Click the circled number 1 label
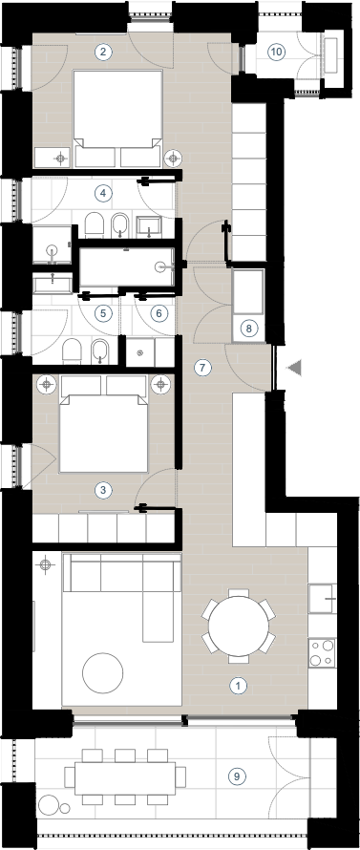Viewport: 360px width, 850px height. point(238,686)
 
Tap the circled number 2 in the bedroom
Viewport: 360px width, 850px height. point(103,52)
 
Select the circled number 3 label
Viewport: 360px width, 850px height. point(102,491)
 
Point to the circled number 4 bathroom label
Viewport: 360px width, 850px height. point(102,192)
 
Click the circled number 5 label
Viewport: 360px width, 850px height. point(103,313)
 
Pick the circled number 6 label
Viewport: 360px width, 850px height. point(159,313)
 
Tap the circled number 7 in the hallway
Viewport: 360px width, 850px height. point(202,368)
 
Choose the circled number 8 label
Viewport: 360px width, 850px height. point(248,329)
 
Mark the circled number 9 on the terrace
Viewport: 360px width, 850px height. point(237,776)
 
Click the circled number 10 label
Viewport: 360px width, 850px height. point(277,52)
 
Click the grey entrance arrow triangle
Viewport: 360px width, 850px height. point(294,368)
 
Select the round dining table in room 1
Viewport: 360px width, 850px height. point(239,627)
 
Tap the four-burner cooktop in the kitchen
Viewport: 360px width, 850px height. point(322,652)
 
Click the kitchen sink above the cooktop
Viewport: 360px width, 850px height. point(322,599)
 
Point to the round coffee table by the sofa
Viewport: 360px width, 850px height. point(102,672)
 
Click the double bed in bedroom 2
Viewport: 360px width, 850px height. point(117,117)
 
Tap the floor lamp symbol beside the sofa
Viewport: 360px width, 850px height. point(46,564)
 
